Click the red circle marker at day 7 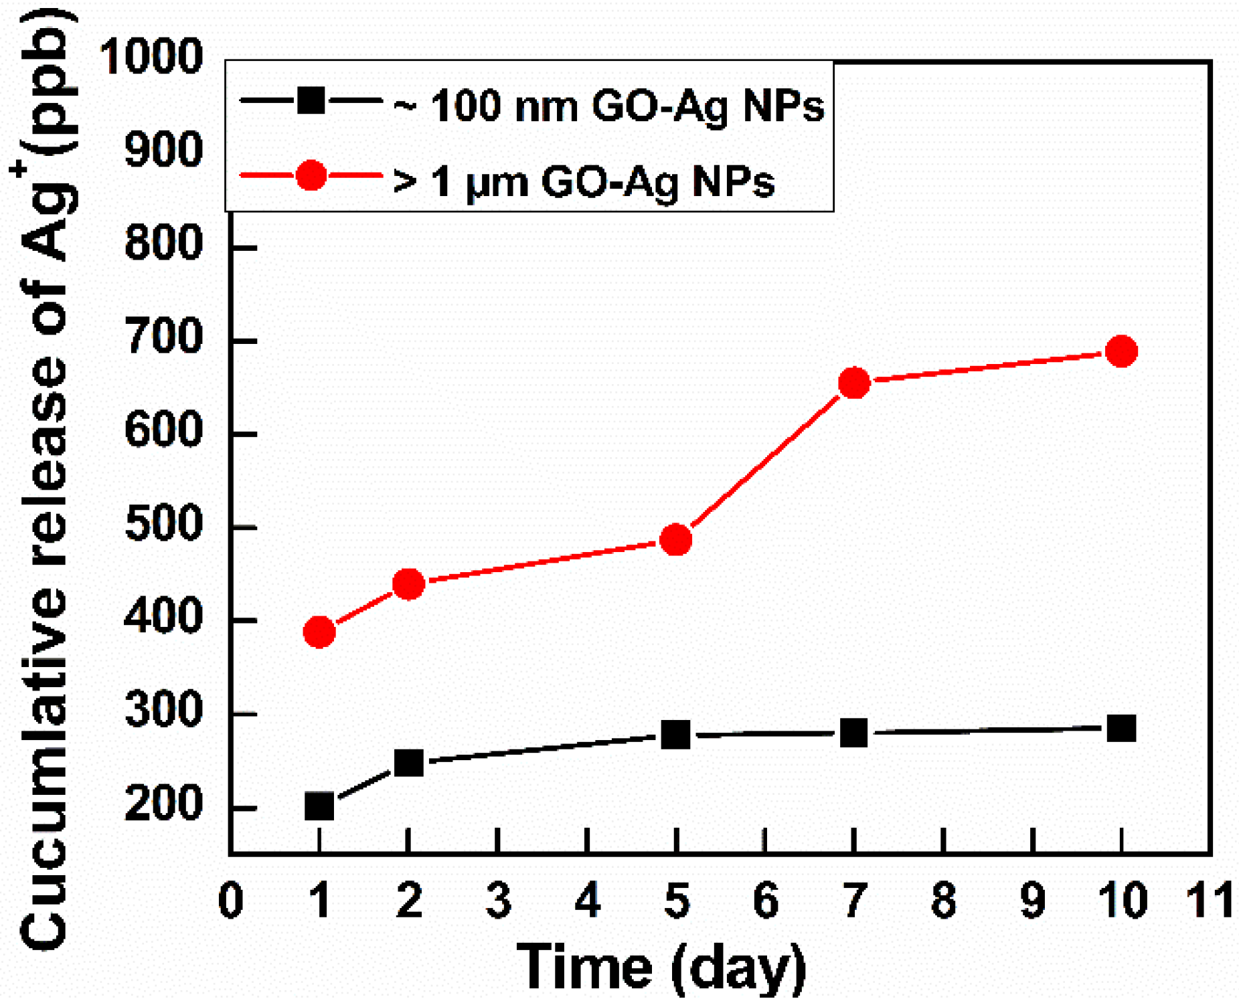(853, 383)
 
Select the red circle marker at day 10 (1121, 351)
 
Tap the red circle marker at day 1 (319, 632)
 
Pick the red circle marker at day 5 (675, 539)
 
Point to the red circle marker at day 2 (408, 584)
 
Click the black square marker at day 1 (319, 806)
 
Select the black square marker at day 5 (675, 735)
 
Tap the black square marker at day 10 (1121, 728)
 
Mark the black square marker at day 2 (408, 763)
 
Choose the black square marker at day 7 (853, 733)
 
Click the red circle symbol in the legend (311, 176)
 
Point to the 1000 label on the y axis (151, 56)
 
